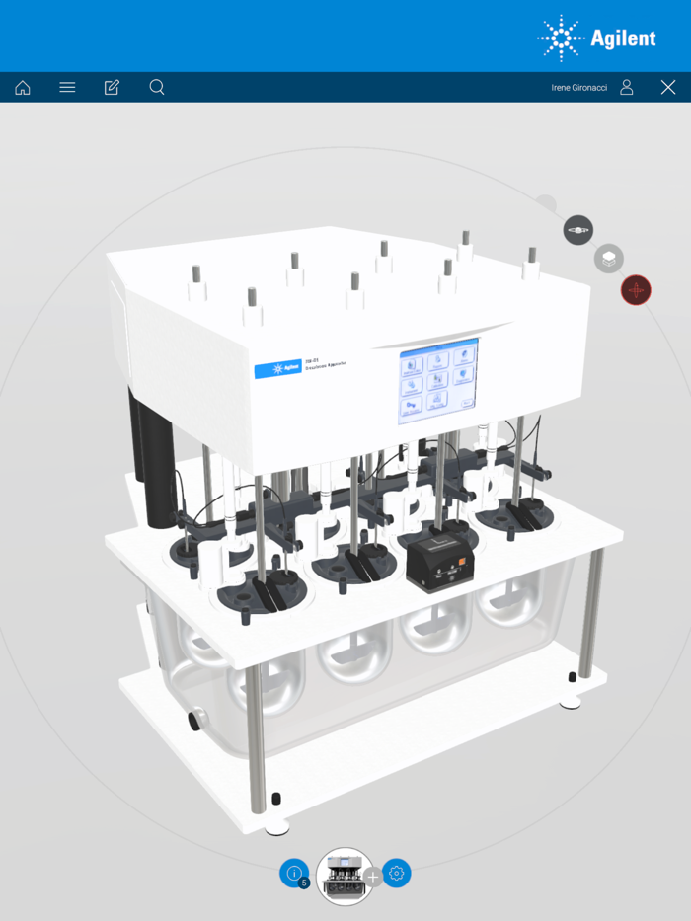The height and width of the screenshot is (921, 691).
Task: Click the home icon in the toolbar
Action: click(23, 88)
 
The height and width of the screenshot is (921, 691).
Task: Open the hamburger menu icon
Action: click(67, 88)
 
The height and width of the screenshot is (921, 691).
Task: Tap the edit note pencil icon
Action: click(112, 88)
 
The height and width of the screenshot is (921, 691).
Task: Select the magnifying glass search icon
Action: click(157, 88)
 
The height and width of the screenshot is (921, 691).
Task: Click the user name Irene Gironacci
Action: click(578, 88)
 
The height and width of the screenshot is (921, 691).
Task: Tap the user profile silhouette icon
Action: click(627, 88)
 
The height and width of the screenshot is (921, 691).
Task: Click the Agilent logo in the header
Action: click(596, 38)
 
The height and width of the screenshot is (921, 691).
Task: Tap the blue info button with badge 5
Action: click(294, 873)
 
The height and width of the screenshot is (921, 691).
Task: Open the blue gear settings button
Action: click(397, 874)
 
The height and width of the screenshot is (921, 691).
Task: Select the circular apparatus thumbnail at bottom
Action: click(345, 876)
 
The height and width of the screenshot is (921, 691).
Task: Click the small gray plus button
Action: click(373, 877)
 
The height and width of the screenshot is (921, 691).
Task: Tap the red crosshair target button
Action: click(636, 290)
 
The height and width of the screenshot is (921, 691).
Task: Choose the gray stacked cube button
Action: click(609, 260)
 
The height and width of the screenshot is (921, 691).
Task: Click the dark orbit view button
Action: click(578, 230)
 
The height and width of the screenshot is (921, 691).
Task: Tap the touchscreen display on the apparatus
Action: click(438, 381)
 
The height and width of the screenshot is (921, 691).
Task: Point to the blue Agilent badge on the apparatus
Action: click(277, 369)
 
